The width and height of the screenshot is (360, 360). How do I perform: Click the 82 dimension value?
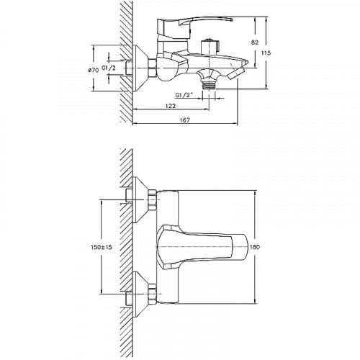pyautogui.click(x=255, y=42)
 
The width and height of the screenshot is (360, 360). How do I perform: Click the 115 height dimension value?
pyautogui.click(x=266, y=53)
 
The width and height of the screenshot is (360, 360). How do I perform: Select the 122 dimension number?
pyautogui.click(x=171, y=106)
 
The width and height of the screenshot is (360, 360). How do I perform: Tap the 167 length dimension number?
pyautogui.click(x=184, y=120)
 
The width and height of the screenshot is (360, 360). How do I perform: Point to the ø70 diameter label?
pyautogui.click(x=94, y=70)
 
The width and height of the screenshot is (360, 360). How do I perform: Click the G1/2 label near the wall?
pyautogui.click(x=109, y=68)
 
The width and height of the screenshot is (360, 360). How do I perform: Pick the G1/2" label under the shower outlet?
pyautogui.click(x=184, y=95)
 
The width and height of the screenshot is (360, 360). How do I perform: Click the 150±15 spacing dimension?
pyautogui.click(x=102, y=247)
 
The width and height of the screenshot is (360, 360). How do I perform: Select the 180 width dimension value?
pyautogui.click(x=255, y=247)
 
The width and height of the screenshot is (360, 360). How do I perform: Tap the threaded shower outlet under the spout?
pyautogui.click(x=210, y=85)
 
